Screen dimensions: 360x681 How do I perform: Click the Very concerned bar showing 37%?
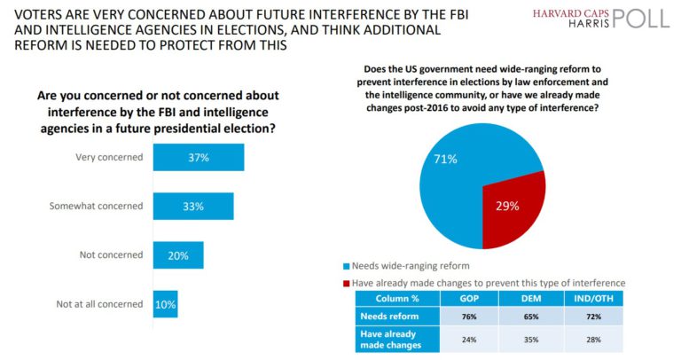198,157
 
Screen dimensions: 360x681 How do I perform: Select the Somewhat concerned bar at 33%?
192,206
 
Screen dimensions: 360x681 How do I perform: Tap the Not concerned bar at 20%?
177,254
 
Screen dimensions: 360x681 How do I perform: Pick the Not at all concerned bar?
165,303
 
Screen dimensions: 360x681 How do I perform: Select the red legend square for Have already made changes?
346,282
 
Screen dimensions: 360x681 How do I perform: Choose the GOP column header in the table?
470,298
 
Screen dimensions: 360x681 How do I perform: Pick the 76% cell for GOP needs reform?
470,315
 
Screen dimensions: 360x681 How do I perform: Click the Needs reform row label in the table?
384,315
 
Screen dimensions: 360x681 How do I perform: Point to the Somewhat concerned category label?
102,206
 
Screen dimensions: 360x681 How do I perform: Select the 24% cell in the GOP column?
470,338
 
